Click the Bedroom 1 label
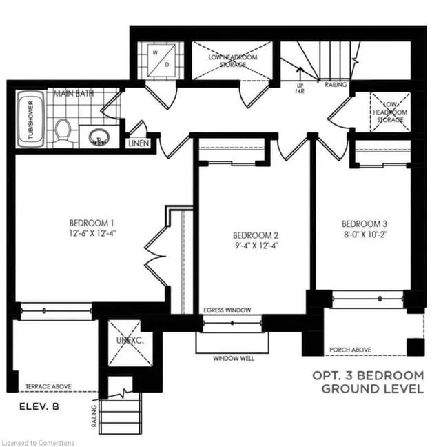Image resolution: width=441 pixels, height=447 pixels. pyautogui.click(x=91, y=223)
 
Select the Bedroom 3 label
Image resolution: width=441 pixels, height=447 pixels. pyautogui.click(x=365, y=224)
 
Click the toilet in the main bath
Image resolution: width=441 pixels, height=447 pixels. pyautogui.click(x=63, y=129)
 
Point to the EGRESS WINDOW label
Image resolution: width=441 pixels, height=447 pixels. pyautogui.click(x=227, y=310)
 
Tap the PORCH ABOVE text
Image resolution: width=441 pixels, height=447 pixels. pyautogui.click(x=351, y=350)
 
